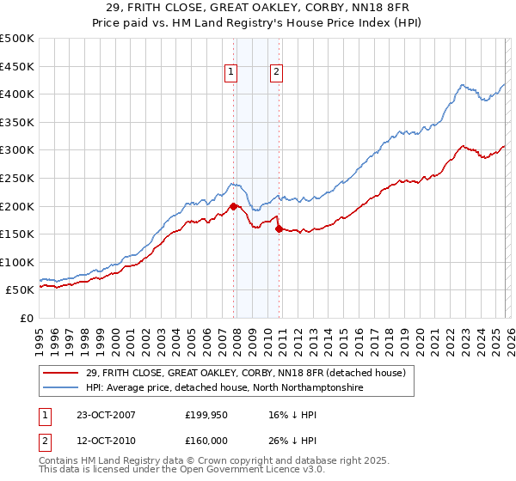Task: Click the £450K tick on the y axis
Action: (x=17, y=66)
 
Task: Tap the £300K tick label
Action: (x=17, y=150)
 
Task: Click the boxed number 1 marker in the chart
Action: (x=233, y=73)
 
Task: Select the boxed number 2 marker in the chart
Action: (x=277, y=73)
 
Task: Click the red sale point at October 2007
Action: (x=233, y=206)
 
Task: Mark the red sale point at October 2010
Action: (x=279, y=228)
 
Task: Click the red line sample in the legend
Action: (x=62, y=373)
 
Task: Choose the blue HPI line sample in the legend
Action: (x=62, y=387)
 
